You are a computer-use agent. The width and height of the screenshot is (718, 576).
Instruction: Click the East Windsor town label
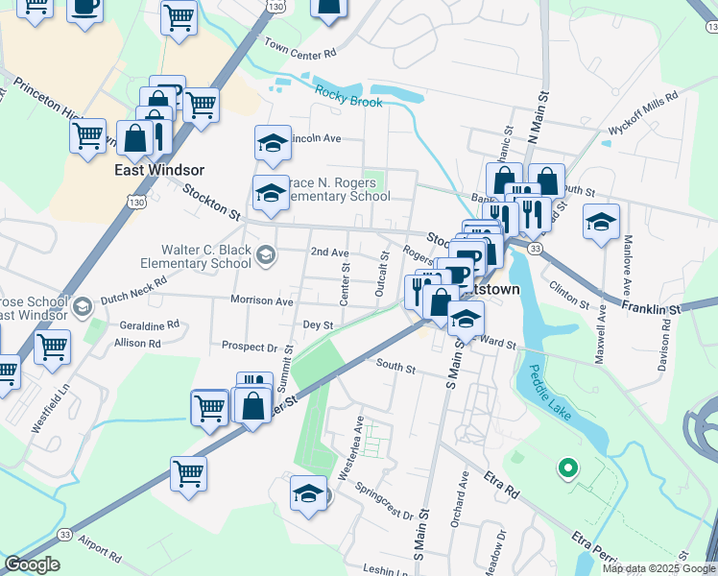(161, 170)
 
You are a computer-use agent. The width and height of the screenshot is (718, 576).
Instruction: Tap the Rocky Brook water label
(348, 96)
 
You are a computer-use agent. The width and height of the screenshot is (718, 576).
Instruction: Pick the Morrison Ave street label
(261, 300)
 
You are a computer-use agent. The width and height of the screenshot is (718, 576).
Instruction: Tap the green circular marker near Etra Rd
(567, 469)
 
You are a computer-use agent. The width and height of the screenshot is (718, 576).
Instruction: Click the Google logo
(31, 564)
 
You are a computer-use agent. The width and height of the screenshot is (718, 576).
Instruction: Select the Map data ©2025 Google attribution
(658, 568)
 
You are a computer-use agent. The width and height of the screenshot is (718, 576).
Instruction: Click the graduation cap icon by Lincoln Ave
(273, 144)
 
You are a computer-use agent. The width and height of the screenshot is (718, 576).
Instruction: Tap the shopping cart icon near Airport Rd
(189, 472)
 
